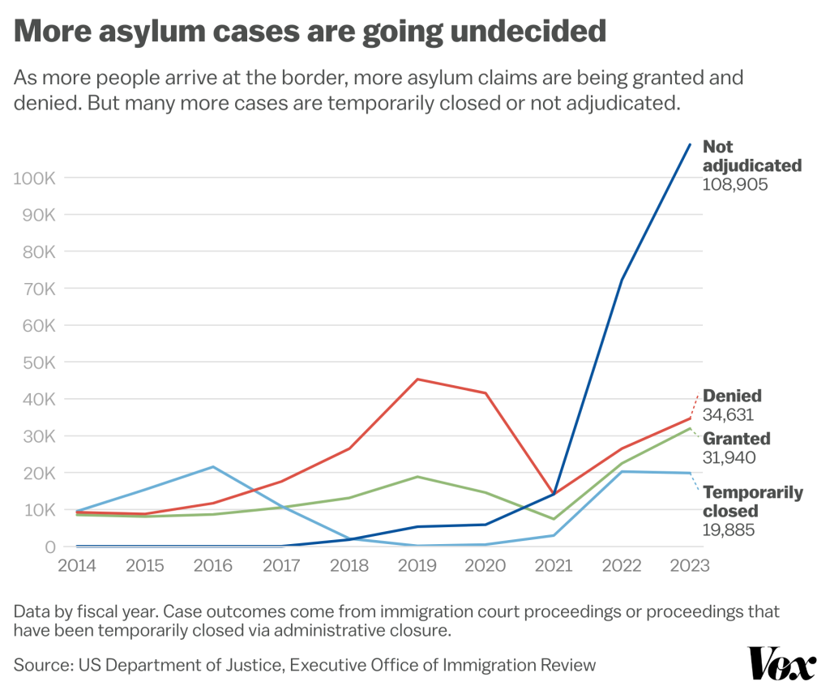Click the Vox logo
click(782, 663)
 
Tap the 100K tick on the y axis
click(34, 178)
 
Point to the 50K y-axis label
click(39, 362)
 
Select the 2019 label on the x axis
click(417, 565)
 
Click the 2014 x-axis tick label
click(77, 565)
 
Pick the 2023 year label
click(689, 565)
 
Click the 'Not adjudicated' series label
click(752, 156)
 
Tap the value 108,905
click(734, 184)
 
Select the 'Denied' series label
click(732, 396)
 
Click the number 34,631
click(728, 414)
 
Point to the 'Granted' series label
click(736, 439)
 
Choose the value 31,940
click(729, 457)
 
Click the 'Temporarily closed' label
click(753, 501)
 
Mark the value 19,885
click(729, 530)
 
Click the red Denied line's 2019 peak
click(417, 380)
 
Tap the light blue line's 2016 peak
click(213, 466)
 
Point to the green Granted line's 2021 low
click(554, 519)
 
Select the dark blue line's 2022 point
click(622, 280)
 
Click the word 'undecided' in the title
click(528, 31)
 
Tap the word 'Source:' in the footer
click(44, 665)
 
